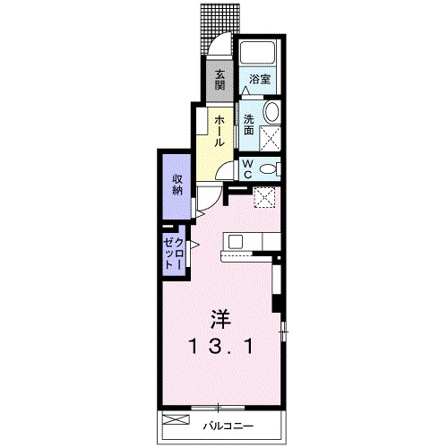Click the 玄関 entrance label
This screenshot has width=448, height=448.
pyautogui.click(x=220, y=80)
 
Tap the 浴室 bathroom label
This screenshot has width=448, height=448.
pyautogui.click(x=260, y=80)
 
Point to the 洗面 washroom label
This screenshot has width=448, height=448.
pyautogui.click(x=248, y=125)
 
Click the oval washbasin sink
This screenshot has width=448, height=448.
pyautogui.click(x=271, y=112)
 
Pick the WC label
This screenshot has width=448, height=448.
pyautogui.click(x=247, y=169)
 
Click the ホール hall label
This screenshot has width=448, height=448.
pyautogui.click(x=220, y=131)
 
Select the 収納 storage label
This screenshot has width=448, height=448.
pyautogui.click(x=177, y=185)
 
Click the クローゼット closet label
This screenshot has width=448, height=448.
pyautogui.click(x=174, y=254)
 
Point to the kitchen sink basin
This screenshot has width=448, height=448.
pyautogui.click(x=236, y=241)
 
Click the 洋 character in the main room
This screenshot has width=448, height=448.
pyautogui.click(x=221, y=320)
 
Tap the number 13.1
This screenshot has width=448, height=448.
pyautogui.click(x=221, y=347)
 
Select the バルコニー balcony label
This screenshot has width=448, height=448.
pyautogui.click(x=228, y=426)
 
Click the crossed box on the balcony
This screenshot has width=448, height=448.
pyautogui.click(x=176, y=419)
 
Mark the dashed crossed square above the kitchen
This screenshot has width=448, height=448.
pyautogui.click(x=263, y=197)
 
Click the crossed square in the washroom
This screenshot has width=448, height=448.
pyautogui.click(x=270, y=137)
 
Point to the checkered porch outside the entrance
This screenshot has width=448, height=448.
pyautogui.click(x=220, y=28)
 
